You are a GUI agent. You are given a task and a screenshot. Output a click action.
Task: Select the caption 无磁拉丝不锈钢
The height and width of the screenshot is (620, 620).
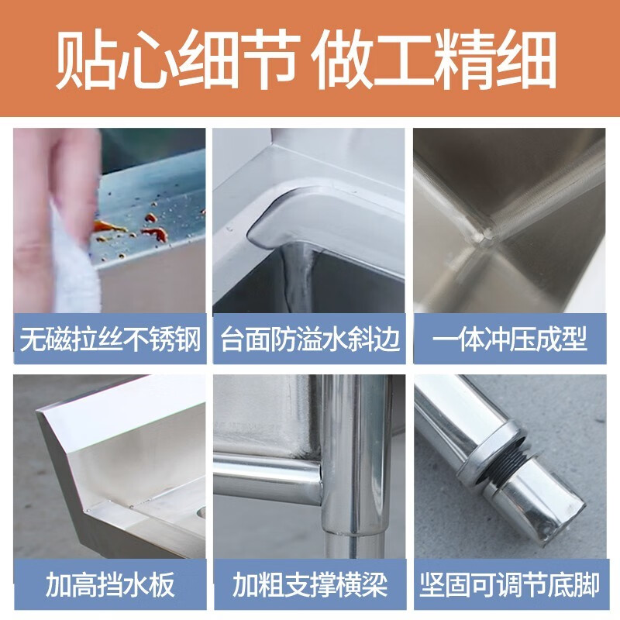(109, 339)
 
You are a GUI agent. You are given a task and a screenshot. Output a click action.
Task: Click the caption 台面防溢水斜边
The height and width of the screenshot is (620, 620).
(310, 339)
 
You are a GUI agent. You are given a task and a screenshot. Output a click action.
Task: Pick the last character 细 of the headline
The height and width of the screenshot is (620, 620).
(531, 60)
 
